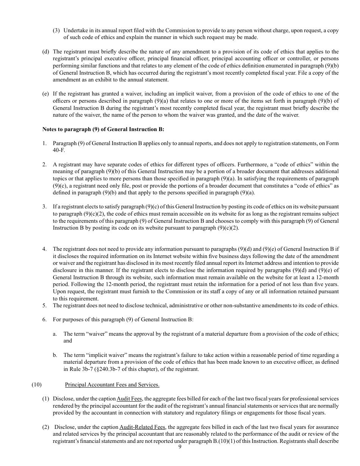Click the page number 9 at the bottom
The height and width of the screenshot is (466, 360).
(180, 447)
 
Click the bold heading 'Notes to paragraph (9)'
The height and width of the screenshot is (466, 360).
(103, 129)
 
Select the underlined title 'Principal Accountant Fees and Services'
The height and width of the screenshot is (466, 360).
(112, 385)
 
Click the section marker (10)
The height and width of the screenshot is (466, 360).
(36, 385)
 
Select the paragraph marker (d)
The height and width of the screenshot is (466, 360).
(45, 52)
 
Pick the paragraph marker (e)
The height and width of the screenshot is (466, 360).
(45, 94)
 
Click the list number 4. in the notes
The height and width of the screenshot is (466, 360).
(44, 249)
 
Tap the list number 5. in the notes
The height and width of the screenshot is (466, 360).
(44, 306)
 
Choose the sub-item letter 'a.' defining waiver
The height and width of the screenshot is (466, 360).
(55, 334)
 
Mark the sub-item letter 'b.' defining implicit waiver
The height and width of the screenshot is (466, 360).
(55, 355)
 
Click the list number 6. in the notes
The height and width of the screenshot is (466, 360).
(44, 320)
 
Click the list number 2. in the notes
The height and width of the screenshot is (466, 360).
(44, 164)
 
